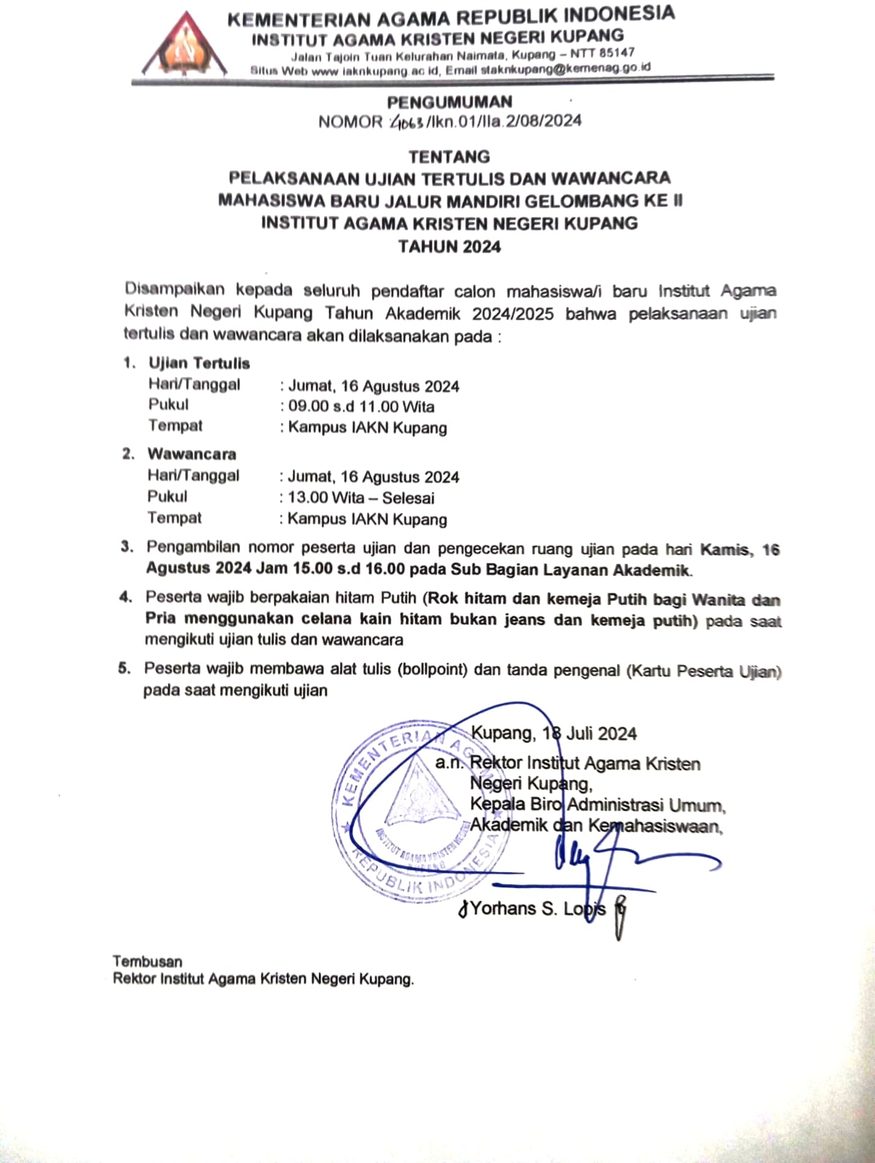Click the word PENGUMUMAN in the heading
pos(449,102)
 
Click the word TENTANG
pos(449,157)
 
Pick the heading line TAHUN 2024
pos(449,246)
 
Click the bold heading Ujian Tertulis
pos(199,363)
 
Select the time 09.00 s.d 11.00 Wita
pos(361,406)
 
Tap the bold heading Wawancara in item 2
pos(192,454)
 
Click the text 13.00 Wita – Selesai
pos(361,498)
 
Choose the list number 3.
pos(127,547)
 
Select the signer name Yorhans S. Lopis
pos(537,909)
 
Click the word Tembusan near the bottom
pos(148,962)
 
